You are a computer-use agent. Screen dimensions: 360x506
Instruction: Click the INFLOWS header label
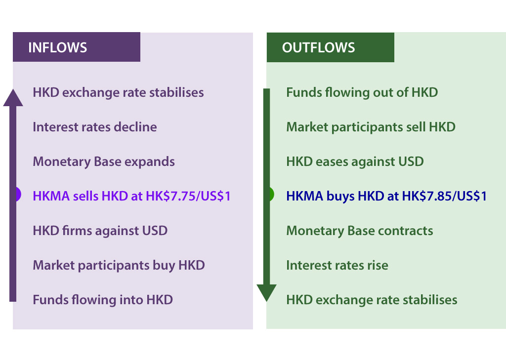pos(57,47)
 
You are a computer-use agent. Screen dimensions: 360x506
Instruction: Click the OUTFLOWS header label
pos(318,47)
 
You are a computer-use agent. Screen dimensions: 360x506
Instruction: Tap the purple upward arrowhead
pos(13,98)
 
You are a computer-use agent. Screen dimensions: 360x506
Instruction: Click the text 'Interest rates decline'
pos(94,127)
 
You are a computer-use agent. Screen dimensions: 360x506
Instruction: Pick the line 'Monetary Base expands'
pos(103,161)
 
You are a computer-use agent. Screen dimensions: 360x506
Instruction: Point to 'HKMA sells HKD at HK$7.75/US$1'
pos(131,196)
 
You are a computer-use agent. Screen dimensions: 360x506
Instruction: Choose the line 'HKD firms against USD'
pos(100,231)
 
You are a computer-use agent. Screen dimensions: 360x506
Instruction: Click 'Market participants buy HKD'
pos(119,265)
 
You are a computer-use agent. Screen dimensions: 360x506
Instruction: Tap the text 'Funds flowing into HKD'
pos(102,300)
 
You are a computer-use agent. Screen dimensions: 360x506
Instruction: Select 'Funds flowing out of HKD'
pos(362,92)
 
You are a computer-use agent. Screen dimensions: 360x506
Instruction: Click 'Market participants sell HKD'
pos(371,127)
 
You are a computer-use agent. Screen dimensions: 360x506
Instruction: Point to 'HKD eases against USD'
pos(355,161)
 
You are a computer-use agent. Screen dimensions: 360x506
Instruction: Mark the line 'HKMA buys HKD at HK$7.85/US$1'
pos(386,196)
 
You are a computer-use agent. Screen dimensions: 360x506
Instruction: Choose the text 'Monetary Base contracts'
pos(359,231)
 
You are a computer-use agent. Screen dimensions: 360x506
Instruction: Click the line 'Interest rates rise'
pos(337,265)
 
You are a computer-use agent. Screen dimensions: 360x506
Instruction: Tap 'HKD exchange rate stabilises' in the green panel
pos(372,300)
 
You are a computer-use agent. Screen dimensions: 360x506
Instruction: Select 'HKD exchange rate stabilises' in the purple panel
pos(118,92)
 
